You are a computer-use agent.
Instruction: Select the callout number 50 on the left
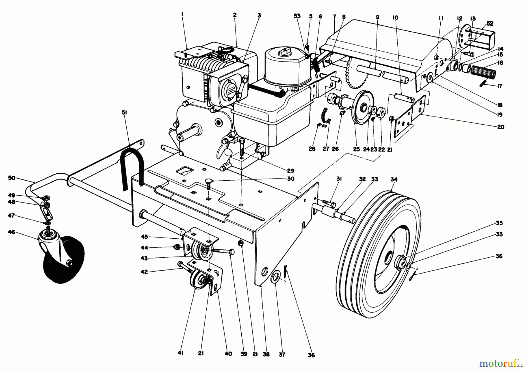(12, 178)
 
